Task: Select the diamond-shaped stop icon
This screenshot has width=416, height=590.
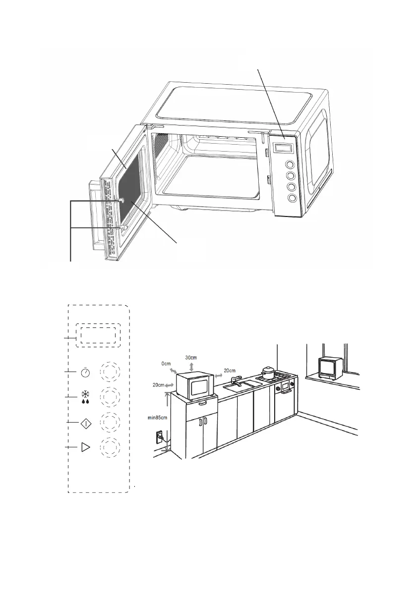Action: click(86, 423)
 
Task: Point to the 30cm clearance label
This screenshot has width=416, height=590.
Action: click(191, 358)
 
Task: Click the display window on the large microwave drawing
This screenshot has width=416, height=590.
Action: click(283, 148)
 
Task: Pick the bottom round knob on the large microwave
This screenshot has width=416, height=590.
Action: click(292, 198)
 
